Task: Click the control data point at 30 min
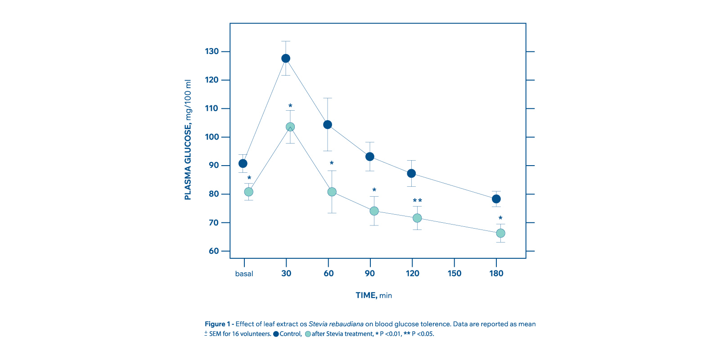tap(286, 58)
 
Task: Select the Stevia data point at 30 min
tap(290, 127)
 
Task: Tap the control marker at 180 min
tap(496, 199)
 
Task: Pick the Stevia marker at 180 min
tap(500, 233)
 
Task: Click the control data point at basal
tap(243, 163)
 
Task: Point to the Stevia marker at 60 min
tap(332, 192)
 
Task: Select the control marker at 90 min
tap(370, 157)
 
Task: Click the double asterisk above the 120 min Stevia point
tap(417, 201)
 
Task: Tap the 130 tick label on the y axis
tap(211, 51)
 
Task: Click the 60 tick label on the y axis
tap(213, 251)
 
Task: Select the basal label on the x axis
tap(244, 274)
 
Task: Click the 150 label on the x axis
tap(454, 274)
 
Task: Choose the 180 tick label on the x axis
tap(496, 274)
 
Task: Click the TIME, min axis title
tap(373, 296)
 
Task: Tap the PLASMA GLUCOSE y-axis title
tap(188, 140)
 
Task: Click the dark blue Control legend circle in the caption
tap(276, 334)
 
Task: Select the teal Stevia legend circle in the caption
tap(308, 334)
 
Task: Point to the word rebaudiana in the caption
tap(346, 324)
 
